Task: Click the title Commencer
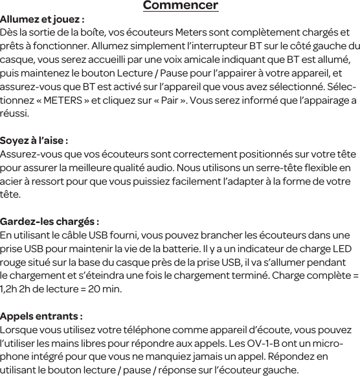[x=180, y=6]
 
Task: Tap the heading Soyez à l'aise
[x=34, y=141]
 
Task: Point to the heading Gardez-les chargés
[x=49, y=222]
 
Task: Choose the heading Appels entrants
[x=41, y=316]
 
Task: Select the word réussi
[x=14, y=114]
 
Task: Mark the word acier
[x=12, y=182]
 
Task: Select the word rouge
[x=15, y=263]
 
